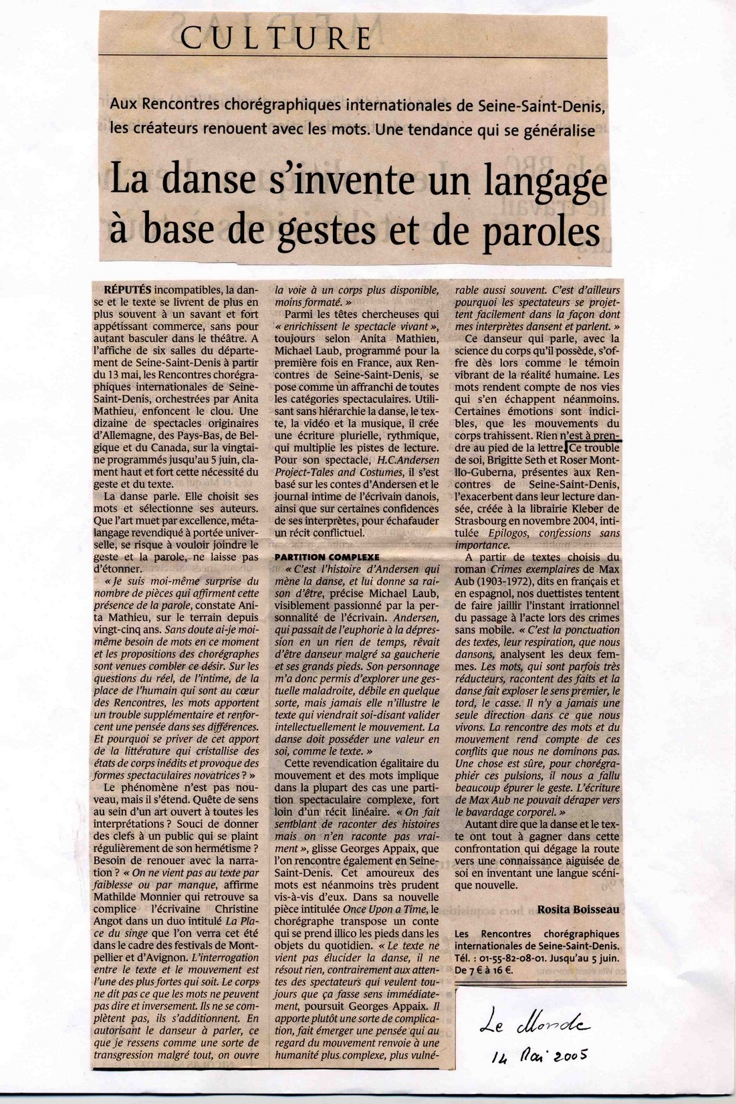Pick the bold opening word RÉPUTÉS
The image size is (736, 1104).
(x=128, y=291)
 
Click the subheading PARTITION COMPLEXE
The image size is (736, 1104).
(x=327, y=557)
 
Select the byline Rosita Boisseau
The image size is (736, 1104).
(x=578, y=910)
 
